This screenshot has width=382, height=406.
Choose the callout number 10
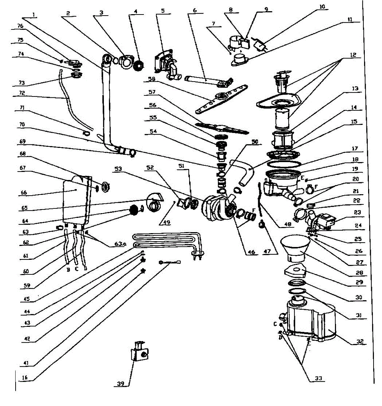click(322, 6)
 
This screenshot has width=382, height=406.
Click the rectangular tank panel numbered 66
click(76, 200)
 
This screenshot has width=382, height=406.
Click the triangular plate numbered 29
click(296, 271)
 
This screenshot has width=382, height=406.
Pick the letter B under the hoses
click(68, 270)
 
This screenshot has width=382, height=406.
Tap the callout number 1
click(34, 14)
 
